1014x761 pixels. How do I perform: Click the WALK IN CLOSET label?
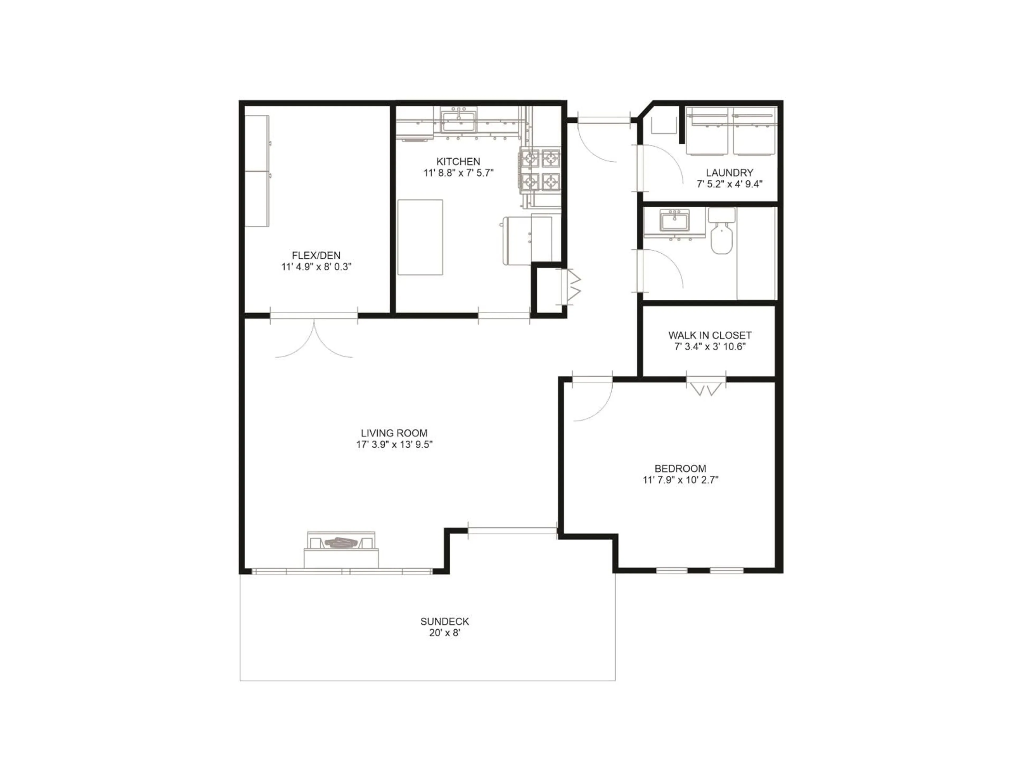point(710,335)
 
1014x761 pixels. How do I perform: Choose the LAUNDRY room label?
point(729,173)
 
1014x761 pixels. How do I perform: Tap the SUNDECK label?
point(445,621)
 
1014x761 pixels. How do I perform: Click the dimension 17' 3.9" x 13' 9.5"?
point(394,444)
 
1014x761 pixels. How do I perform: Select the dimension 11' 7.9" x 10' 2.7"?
point(680,480)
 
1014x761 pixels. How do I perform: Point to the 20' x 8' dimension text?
point(445,633)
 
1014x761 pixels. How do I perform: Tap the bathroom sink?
point(674,221)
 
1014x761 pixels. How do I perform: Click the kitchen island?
point(420,237)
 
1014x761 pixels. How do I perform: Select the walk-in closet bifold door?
point(706,388)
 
